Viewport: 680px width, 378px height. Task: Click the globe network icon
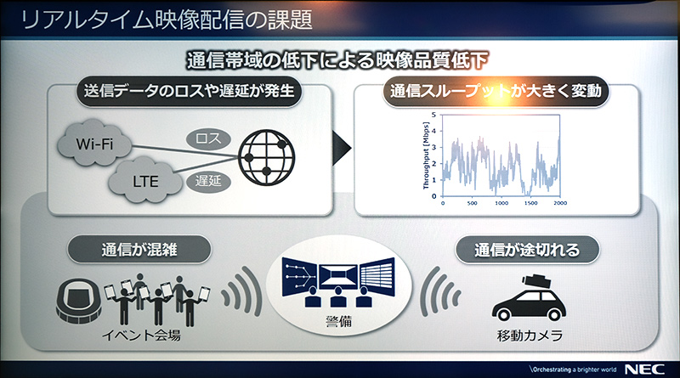265,156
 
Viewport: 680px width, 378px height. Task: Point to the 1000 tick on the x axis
500,204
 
